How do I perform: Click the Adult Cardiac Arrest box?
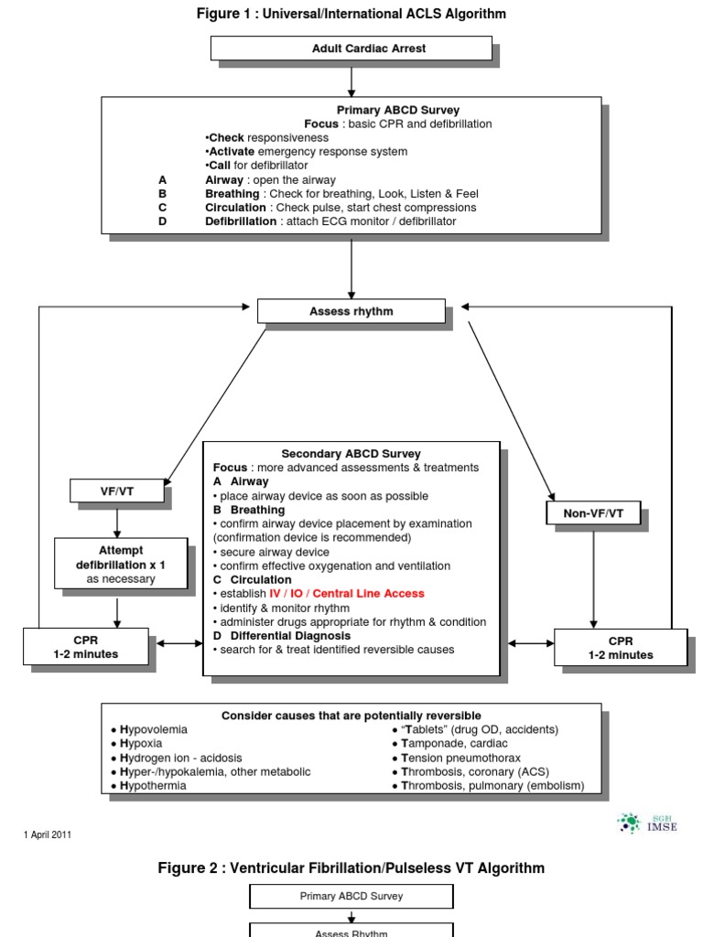click(351, 48)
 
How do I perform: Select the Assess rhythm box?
click(351, 311)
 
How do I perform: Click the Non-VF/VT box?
click(593, 514)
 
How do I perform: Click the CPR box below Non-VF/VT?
click(621, 648)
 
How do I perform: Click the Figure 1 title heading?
click(351, 14)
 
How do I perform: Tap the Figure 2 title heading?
click(351, 867)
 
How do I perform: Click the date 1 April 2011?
click(48, 835)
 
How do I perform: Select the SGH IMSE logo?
click(647, 823)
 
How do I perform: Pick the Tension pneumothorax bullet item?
click(465, 758)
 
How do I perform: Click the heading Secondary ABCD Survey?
click(351, 453)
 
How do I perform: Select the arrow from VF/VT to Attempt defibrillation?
click(118, 520)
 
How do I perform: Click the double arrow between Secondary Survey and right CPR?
click(528, 644)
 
